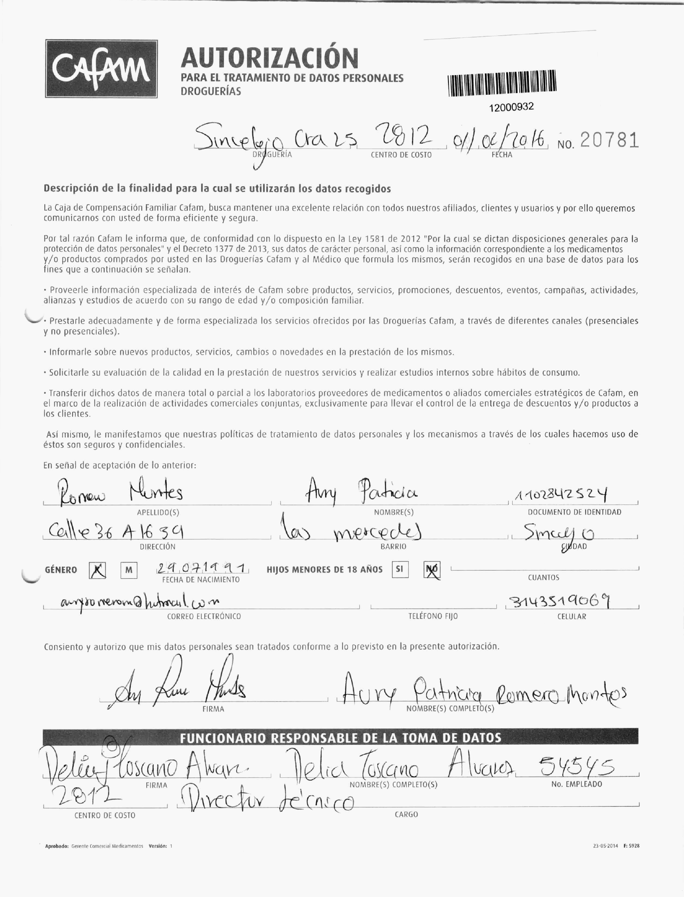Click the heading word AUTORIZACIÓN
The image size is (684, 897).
(270, 58)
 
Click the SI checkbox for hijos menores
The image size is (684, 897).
(399, 569)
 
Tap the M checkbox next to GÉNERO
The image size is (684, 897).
(129, 570)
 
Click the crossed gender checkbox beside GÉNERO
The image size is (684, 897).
(97, 570)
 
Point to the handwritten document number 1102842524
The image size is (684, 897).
(562, 495)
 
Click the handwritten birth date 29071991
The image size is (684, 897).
(202, 567)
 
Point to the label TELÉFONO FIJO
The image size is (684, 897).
(433, 616)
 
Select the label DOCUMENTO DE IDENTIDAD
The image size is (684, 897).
(574, 512)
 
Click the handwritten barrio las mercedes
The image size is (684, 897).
(350, 532)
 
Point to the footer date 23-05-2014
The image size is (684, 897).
(605, 846)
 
